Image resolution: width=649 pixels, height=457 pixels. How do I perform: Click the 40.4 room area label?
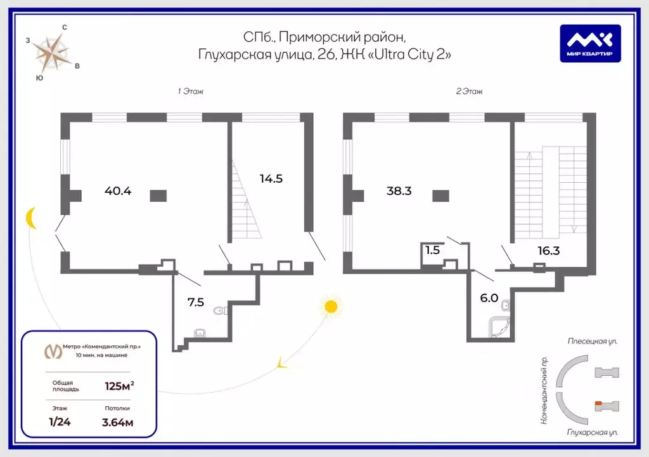117,190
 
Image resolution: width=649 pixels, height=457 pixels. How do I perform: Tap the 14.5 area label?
271,178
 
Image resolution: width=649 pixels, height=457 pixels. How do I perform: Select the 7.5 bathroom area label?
196,302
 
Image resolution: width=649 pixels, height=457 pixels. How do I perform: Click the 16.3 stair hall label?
548,251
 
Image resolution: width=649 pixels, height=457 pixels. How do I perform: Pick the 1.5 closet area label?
432,250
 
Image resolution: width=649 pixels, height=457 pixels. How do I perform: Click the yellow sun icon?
330,307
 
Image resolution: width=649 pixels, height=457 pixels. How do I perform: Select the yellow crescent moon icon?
31,218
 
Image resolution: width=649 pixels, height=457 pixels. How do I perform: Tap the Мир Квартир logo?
590,43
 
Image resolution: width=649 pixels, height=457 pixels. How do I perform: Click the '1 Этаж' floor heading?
190,91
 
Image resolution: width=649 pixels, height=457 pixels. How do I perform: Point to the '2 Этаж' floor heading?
469,91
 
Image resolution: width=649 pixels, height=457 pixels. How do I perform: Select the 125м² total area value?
119,385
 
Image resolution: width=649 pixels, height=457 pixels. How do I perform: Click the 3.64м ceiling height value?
119,421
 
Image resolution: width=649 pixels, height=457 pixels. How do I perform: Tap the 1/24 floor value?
61,421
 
